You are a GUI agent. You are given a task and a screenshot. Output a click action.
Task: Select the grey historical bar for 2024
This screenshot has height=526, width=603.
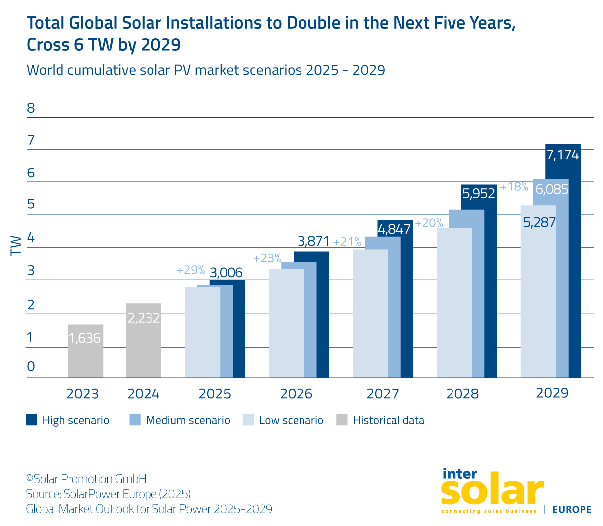pos(144,344)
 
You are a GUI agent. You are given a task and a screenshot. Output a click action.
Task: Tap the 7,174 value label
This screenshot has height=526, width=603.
pos(563,155)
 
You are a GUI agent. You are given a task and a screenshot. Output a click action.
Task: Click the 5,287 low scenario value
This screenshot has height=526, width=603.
pos(539,222)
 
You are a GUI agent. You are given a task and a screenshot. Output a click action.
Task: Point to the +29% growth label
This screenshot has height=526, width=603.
pos(191,270)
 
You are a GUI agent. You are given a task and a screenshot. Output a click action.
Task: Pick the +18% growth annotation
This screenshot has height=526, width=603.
pos(514,187)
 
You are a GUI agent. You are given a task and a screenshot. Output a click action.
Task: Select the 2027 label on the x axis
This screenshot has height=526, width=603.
pos(382,394)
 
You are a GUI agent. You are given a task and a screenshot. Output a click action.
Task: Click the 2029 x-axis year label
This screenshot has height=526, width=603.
pos(552,393)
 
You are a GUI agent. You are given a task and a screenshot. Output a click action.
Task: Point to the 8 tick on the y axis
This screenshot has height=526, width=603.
pos(31,108)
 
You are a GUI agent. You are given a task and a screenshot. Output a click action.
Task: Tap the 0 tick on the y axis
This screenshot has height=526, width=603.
pos(31,367)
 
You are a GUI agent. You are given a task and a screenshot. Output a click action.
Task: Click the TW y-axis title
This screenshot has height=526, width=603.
pos(16,245)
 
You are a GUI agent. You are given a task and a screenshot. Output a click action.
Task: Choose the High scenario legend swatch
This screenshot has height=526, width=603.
pos(32,420)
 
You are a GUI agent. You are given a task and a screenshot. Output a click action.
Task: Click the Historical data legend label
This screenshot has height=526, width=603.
pos(388,420)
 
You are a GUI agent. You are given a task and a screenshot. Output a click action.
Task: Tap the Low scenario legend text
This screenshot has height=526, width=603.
pos(291,420)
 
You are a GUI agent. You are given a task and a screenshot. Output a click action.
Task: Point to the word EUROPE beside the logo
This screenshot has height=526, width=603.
pos(572,509)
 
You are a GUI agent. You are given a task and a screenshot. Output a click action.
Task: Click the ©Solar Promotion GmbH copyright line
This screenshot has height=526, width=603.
pos(86,479)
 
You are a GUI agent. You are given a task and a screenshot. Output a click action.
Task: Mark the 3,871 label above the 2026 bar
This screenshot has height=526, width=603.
pos(313,242)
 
